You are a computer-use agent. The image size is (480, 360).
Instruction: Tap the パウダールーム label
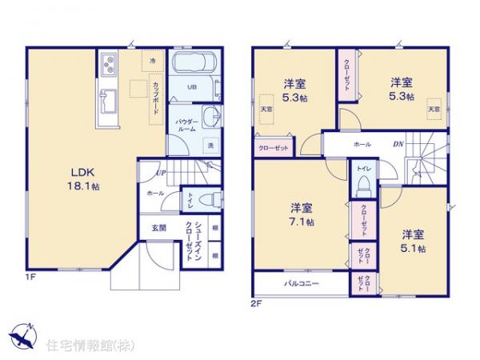pyautogui.click(x=187, y=123)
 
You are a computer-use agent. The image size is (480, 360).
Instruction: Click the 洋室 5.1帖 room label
pyautogui.click(x=413, y=240)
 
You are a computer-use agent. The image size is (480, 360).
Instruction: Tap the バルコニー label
pyautogui.click(x=300, y=284)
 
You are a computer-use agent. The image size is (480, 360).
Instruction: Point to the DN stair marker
pyautogui.click(x=398, y=144)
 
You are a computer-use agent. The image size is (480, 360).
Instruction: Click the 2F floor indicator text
pyautogui.click(x=257, y=304)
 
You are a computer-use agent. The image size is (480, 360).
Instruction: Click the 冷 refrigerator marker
pyautogui.click(x=153, y=60)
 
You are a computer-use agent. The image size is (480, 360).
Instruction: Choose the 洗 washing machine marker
pyautogui.click(x=210, y=146)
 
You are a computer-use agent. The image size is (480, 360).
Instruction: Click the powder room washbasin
pyautogui.click(x=210, y=117)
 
